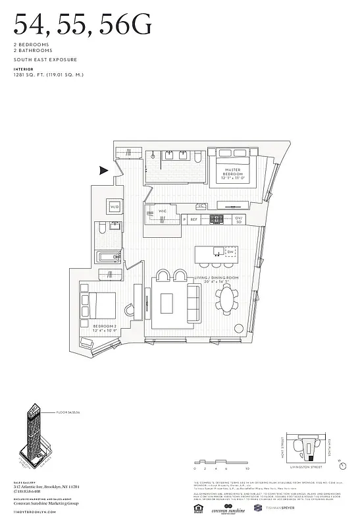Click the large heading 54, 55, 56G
[82, 26]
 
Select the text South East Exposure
[45, 59]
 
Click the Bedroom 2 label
[105, 327]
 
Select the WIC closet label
[162, 211]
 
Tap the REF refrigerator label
[194, 219]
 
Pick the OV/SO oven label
[239, 219]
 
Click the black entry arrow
[103, 171]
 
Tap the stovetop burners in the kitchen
[217, 219]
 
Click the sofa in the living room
[194, 301]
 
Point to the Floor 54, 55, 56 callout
[67, 412]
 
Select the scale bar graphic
[220, 464]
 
